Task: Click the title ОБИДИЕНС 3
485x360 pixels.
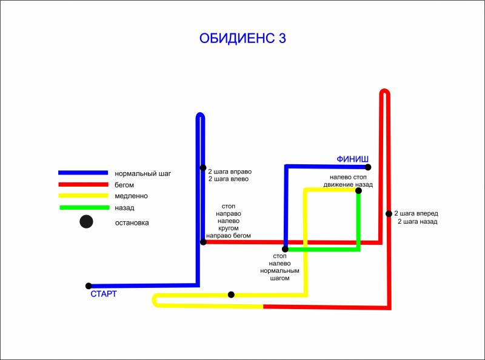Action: (x=242, y=38)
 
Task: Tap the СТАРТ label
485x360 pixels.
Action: (x=103, y=294)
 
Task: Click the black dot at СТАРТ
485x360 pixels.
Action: (x=89, y=285)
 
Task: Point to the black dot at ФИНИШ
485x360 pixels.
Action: (x=368, y=167)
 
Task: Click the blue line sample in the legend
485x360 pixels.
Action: (x=83, y=173)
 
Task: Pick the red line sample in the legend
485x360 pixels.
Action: (x=83, y=184)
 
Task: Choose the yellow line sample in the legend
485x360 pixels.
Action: (x=83, y=196)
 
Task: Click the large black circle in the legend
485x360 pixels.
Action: (x=86, y=222)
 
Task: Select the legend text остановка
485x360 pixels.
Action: (x=132, y=222)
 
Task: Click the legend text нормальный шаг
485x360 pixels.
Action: (x=143, y=173)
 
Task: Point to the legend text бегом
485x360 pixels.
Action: (x=124, y=185)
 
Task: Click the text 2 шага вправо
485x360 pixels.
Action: (x=230, y=170)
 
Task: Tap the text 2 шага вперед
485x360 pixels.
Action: (x=416, y=213)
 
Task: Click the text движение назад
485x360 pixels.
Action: (x=348, y=184)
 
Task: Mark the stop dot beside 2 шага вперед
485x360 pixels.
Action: (x=389, y=213)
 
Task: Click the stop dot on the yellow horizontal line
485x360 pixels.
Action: (x=231, y=295)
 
